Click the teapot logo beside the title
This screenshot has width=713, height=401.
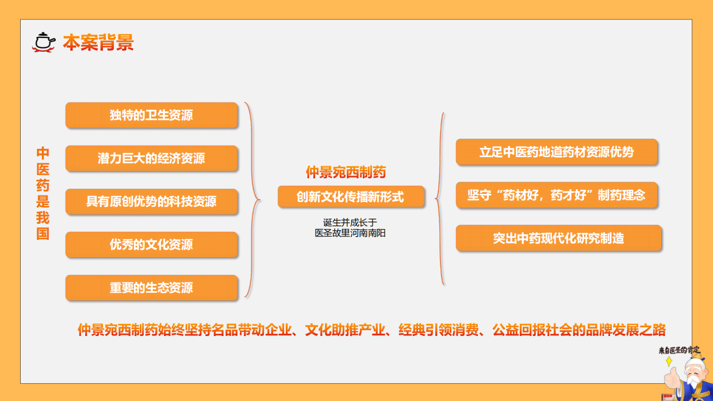coord(44,42)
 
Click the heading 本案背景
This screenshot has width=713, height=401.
coord(98,43)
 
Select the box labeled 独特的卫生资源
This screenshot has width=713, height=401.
coord(151,115)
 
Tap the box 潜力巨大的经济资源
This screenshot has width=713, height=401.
coord(151,158)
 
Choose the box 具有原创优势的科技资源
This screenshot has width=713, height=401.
coord(151,201)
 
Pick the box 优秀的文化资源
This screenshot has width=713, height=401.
coord(151,245)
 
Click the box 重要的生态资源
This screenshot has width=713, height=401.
coord(151,288)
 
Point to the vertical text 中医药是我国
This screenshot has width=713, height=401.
coord(43,193)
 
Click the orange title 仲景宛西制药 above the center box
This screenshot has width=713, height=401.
coord(346,171)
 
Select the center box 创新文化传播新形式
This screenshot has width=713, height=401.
coord(351,197)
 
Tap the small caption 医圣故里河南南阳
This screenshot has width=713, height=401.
coord(350,233)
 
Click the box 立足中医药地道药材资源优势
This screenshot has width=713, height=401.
coord(556,152)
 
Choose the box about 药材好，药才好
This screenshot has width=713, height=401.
coord(556,195)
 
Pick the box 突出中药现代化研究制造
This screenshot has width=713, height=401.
coord(558,238)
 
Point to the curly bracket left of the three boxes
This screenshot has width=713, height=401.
coord(440,199)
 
